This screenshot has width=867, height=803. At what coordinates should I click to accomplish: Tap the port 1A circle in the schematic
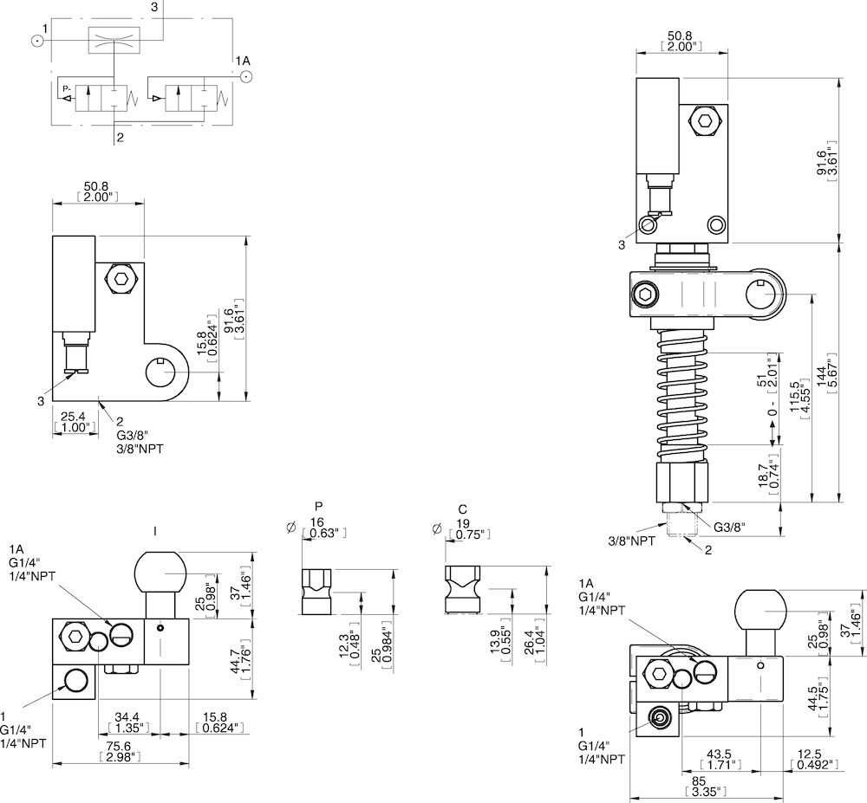click(x=247, y=76)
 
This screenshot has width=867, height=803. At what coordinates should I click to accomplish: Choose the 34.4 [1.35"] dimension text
click(x=127, y=722)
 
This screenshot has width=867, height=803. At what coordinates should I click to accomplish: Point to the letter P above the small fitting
click(x=319, y=507)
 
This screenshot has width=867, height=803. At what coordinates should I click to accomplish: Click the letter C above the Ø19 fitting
click(x=463, y=509)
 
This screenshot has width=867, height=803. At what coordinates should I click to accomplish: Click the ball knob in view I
click(x=160, y=569)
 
